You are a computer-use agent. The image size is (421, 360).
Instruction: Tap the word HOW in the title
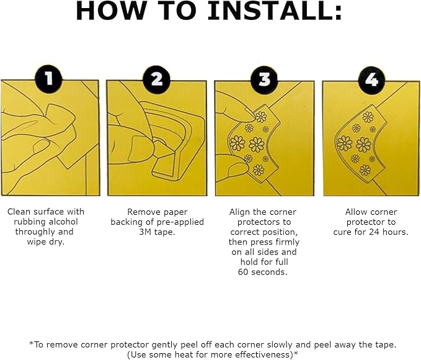click(110, 11)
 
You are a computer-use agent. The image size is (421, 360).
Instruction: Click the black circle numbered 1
click(48, 79)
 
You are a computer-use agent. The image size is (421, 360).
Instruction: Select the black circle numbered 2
click(156, 79)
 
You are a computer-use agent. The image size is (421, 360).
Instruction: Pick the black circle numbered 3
click(265, 80)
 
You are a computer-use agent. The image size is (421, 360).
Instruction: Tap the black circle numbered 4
click(372, 80)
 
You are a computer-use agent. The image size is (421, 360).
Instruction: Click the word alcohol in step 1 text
click(61, 222)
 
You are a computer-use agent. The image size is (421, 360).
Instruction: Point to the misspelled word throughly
click(32, 232)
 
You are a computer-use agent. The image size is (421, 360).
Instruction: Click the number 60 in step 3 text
click(243, 272)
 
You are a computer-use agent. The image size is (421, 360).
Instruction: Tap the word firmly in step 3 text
click(286, 242)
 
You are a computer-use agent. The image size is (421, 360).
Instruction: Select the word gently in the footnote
click(166, 345)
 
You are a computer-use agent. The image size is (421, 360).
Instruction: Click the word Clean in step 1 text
click(19, 212)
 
